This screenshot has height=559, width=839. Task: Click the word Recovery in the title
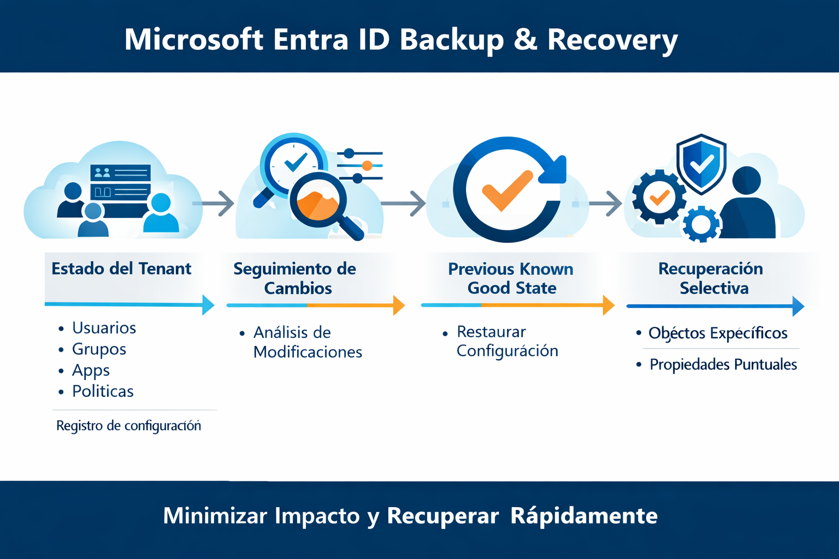click(612, 40)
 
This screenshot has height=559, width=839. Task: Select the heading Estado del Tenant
click(121, 269)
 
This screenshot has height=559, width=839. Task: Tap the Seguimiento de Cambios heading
click(295, 278)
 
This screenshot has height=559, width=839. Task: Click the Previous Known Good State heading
click(511, 278)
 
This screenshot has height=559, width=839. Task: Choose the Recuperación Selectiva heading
click(711, 278)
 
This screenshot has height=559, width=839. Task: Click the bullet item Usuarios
click(104, 328)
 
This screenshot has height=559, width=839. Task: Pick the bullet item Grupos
click(99, 349)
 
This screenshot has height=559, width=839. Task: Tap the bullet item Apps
click(91, 370)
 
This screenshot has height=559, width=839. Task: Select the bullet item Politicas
click(103, 391)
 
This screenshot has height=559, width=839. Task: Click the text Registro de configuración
click(128, 426)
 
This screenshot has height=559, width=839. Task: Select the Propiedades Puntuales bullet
click(723, 365)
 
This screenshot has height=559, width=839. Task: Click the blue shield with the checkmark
click(701, 163)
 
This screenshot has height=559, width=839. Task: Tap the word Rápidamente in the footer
click(584, 516)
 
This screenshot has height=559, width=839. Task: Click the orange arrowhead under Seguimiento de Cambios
click(399, 306)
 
